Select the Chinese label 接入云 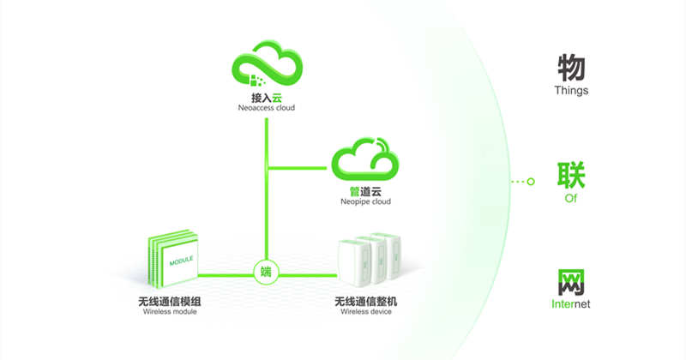[x=268, y=98]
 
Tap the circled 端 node [x=267, y=273]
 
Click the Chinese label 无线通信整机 [x=366, y=302]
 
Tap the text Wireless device [x=366, y=313]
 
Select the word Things [x=571, y=90]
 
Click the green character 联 [x=571, y=176]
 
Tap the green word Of [x=571, y=198]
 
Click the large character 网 [x=571, y=282]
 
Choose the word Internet [x=571, y=304]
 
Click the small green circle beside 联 [x=531, y=182]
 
